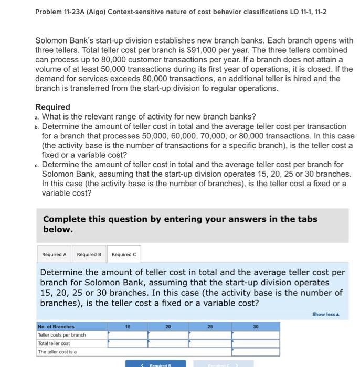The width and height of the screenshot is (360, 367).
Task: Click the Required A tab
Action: click(x=54, y=254)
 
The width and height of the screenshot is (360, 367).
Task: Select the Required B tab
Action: click(x=89, y=254)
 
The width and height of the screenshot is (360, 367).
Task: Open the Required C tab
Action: click(x=124, y=254)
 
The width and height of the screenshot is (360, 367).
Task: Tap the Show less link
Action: click(x=325, y=314)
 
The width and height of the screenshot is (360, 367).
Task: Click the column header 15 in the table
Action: click(x=128, y=326)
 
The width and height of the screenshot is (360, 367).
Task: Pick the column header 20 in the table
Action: click(x=168, y=326)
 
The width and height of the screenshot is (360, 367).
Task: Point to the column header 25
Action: click(x=210, y=326)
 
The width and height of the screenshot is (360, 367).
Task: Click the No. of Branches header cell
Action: click(x=56, y=326)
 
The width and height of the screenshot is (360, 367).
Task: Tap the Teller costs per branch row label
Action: click(x=62, y=334)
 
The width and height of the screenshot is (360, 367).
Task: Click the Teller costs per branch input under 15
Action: click(x=128, y=334)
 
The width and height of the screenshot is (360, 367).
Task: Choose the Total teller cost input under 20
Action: click(x=168, y=343)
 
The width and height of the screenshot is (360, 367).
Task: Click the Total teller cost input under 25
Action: click(x=210, y=343)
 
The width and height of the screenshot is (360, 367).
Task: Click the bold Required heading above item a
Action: click(x=52, y=107)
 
